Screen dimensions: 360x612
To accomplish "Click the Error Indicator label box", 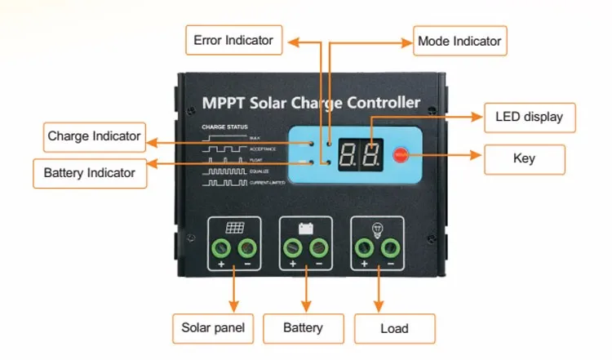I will (x=233, y=38).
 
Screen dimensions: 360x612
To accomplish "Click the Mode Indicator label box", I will (x=459, y=39).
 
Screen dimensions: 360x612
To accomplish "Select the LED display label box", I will (x=529, y=117).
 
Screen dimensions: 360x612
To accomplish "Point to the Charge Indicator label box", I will (x=94, y=136).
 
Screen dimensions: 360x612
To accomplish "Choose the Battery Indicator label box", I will (x=90, y=172).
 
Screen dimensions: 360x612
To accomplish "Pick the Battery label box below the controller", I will (x=302, y=328).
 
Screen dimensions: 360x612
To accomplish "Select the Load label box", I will (x=394, y=329).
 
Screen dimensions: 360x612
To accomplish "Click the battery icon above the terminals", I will (x=306, y=229).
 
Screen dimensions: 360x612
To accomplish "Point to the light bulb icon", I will (x=377, y=229).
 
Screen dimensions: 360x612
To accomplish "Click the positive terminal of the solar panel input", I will (x=221, y=248).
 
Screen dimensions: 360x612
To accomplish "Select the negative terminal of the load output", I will (x=390, y=248).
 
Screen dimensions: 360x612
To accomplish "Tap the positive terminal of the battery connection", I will (x=292, y=248).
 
